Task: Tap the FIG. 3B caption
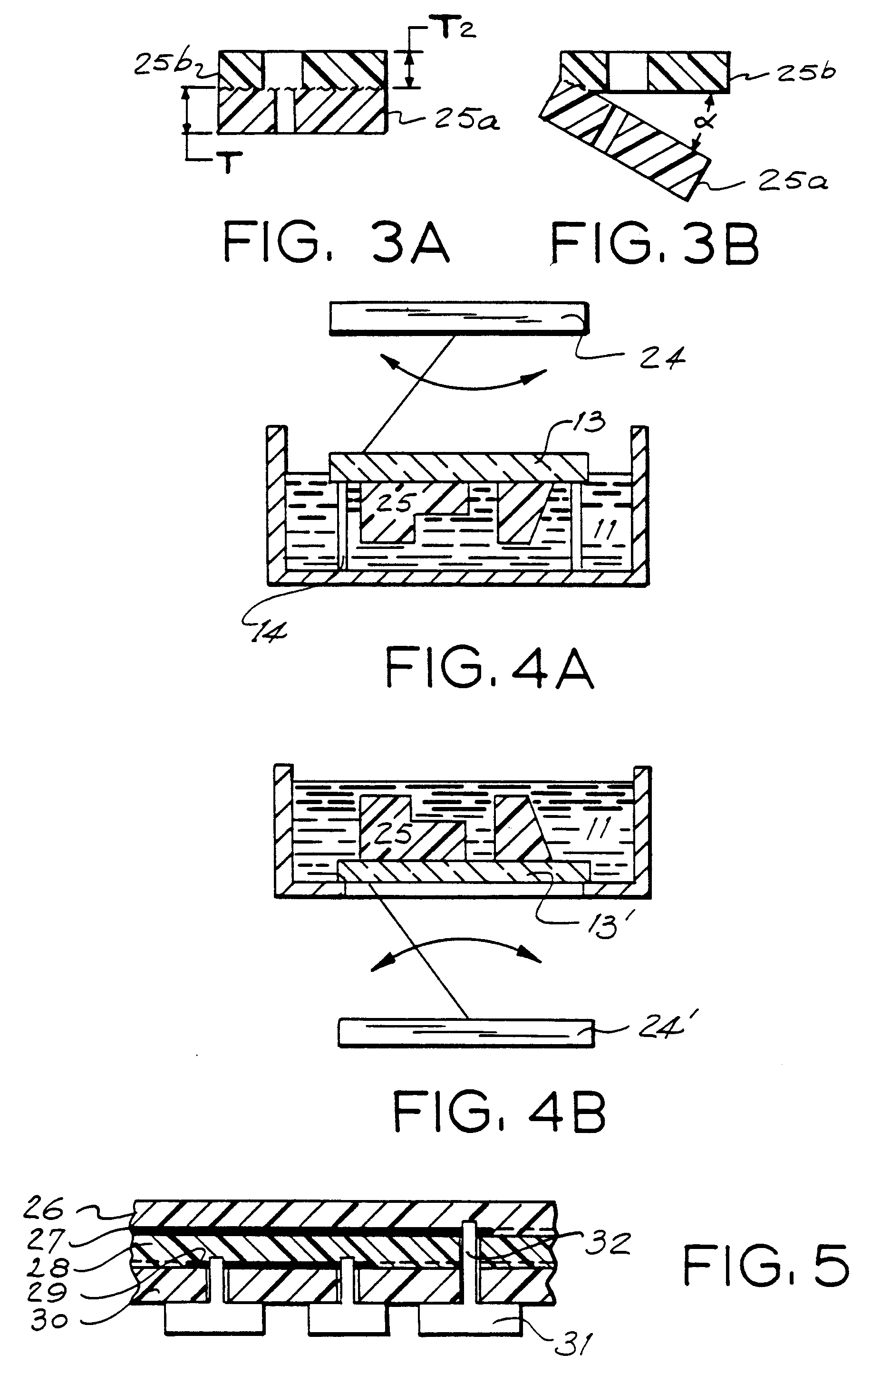point(655,242)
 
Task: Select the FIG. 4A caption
point(490,668)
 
